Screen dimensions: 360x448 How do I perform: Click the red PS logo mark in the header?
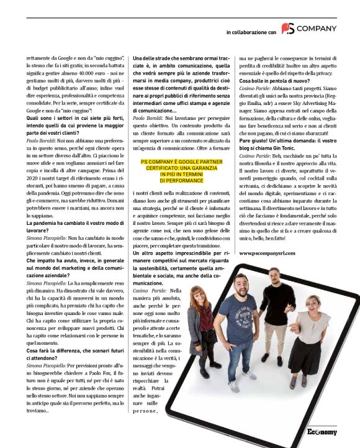point(287,29)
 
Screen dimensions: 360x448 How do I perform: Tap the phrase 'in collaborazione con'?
point(251,31)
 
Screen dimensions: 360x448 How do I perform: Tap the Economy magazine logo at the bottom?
point(322,431)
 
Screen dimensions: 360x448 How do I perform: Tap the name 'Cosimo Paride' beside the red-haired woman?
point(149,290)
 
